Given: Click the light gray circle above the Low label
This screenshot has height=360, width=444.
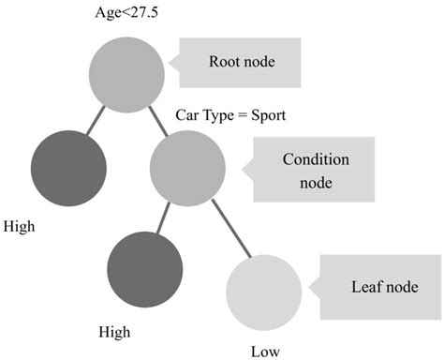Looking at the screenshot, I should pos(263,292).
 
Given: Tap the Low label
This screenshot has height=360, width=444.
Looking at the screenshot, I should pos(265,351).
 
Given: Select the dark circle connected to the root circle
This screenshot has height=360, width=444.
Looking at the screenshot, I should pos(67,168).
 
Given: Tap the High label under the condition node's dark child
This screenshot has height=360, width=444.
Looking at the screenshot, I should pos(115,332).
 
